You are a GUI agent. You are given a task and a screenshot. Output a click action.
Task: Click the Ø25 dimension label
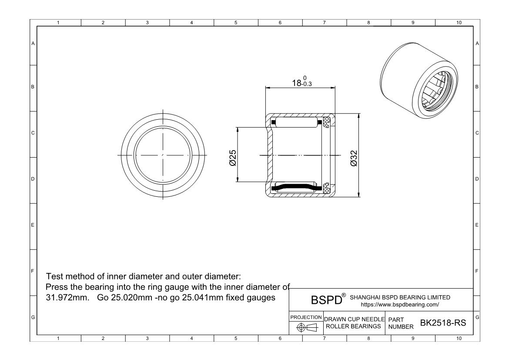pos(233,157)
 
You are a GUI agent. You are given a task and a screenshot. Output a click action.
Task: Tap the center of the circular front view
pos(163,155)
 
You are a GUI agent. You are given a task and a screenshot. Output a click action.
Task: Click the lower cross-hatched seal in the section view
pos(326,188)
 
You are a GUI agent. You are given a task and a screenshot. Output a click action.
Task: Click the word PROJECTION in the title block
pos(306,317)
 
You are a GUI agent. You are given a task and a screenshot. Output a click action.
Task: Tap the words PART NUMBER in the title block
pos(398,323)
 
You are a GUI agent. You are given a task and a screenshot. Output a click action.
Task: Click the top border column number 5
pos(236,23)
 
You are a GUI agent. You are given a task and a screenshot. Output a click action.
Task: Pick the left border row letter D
pos(33,178)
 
